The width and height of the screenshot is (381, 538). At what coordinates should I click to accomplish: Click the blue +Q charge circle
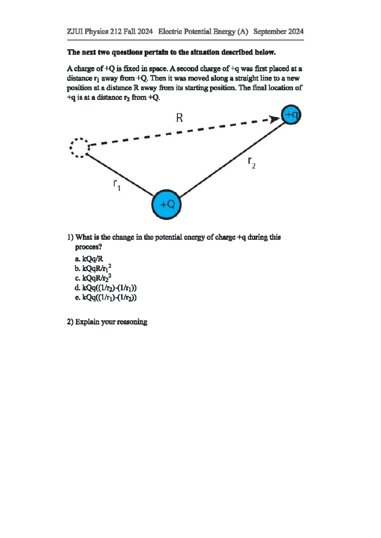tap(167, 204)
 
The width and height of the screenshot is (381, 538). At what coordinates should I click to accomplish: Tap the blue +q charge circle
tap(291, 115)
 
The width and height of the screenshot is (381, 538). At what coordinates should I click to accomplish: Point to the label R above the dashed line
tap(179, 118)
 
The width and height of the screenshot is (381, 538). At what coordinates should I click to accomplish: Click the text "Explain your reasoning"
tap(111, 322)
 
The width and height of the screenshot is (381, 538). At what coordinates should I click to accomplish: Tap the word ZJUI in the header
tap(75, 31)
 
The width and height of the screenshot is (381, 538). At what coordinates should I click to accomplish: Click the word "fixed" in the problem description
tap(131, 69)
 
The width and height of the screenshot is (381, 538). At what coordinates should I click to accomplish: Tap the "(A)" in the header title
tap(242, 31)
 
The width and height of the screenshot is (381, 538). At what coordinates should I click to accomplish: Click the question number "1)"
tap(70, 237)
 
